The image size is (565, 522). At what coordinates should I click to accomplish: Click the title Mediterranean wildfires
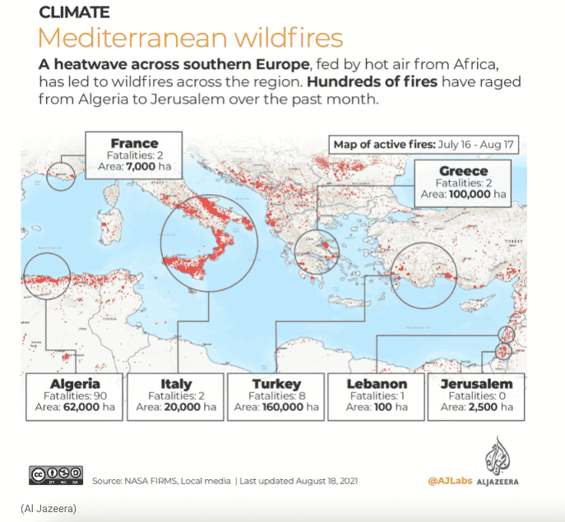pos(190,39)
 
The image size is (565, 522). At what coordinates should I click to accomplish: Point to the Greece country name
pos(463,171)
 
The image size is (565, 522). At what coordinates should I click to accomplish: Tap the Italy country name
pos(176,384)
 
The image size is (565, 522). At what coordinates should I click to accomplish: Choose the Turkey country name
pos(276,384)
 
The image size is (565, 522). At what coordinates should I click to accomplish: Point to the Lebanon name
pos(377,384)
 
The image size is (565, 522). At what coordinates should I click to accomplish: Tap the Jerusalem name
pos(477,384)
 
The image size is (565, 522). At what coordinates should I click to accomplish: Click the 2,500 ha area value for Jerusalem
pos(489,407)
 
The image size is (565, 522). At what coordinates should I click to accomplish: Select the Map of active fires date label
pos(423,145)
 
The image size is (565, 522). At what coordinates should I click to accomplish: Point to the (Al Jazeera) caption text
pos(49,509)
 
